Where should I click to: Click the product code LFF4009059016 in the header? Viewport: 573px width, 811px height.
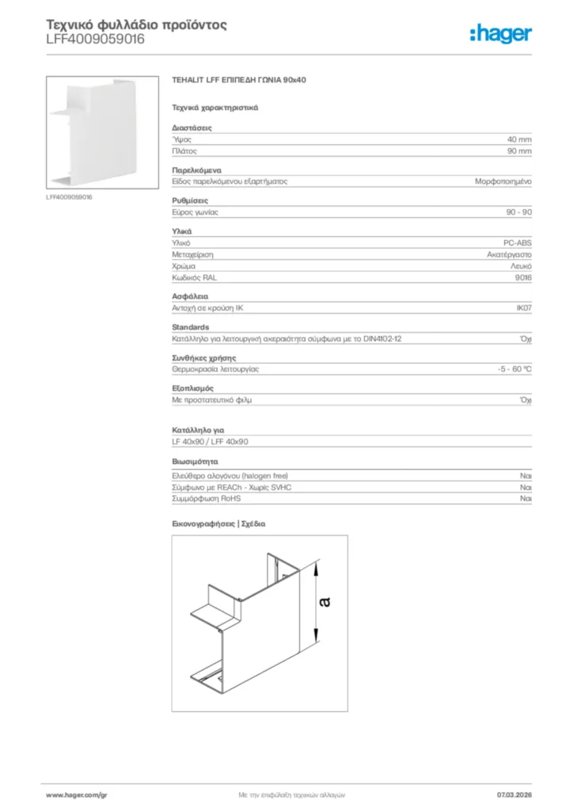click(x=95, y=39)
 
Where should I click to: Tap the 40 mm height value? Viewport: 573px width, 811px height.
click(x=519, y=139)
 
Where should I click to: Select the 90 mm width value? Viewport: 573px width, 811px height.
click(x=519, y=150)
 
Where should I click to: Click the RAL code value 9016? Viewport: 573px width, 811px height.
click(x=522, y=278)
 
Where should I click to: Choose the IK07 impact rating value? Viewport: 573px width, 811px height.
click(x=524, y=308)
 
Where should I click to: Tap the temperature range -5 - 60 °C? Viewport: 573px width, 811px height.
click(x=509, y=369)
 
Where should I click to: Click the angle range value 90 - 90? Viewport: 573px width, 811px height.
click(x=518, y=211)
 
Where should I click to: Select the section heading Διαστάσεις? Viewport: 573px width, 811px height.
click(x=192, y=128)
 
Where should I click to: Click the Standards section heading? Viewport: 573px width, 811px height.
click(x=191, y=327)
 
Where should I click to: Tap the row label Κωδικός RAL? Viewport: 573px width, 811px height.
click(x=194, y=278)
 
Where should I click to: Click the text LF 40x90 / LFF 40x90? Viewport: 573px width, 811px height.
click(x=211, y=441)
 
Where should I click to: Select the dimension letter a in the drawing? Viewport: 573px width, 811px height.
click(x=324, y=603)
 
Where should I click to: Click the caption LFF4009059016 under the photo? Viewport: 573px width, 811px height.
click(x=69, y=197)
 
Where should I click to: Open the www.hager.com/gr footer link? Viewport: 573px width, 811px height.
click(x=77, y=794)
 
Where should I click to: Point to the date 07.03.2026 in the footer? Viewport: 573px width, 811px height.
click(x=514, y=794)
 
